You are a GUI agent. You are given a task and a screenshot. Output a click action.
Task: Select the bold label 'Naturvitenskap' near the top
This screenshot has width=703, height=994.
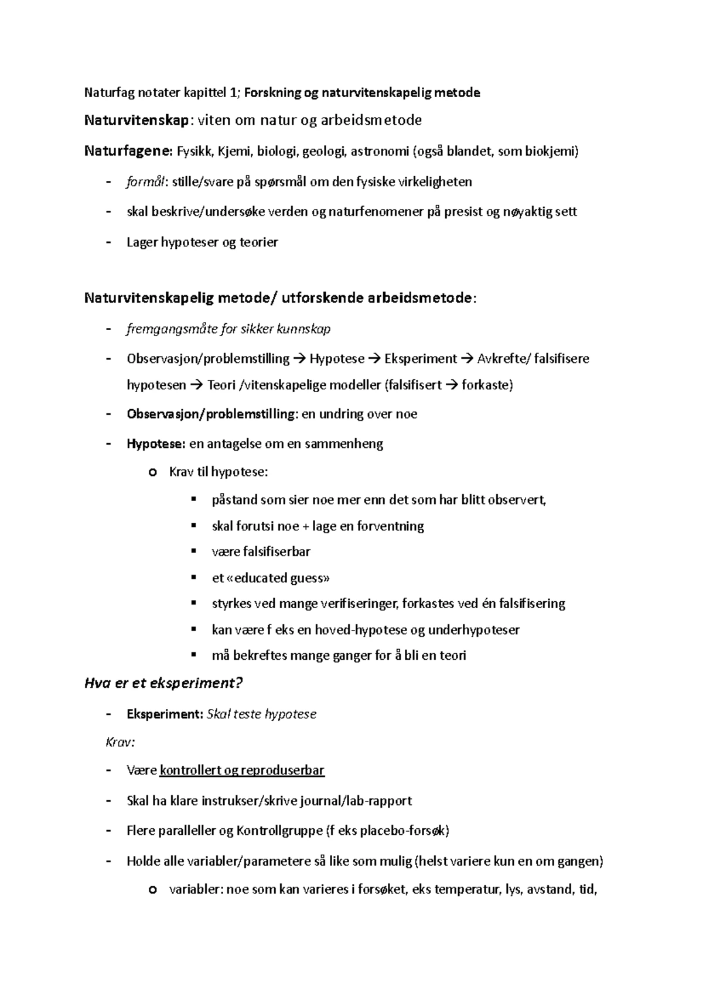(136, 121)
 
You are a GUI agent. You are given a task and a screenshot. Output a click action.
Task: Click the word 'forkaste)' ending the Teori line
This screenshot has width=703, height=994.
(487, 385)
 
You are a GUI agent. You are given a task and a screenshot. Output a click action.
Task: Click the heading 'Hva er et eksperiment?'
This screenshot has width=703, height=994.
(163, 683)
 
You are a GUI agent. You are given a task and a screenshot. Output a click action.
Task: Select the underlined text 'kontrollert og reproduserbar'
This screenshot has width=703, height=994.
(241, 770)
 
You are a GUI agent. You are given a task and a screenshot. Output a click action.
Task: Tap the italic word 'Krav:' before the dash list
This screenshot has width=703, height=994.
(120, 742)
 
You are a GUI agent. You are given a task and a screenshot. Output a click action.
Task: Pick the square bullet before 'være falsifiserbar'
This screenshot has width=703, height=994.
(193, 551)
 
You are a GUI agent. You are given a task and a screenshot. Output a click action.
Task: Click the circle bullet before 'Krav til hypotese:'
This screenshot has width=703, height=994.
(153, 472)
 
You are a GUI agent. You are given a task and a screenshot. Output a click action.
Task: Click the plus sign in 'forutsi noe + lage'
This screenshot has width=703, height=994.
(305, 526)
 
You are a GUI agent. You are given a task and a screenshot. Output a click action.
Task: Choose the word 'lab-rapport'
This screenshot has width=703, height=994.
(378, 801)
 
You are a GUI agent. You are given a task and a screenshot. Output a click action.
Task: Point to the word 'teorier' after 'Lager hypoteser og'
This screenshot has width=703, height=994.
(258, 242)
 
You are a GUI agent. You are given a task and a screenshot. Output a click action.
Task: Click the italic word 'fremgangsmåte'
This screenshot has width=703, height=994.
(171, 329)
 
